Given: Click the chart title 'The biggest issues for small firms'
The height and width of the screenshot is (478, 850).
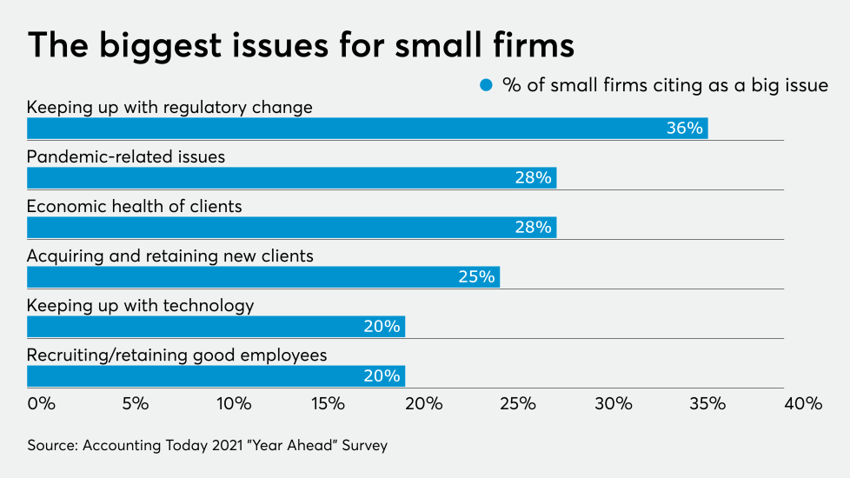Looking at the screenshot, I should point(301,44).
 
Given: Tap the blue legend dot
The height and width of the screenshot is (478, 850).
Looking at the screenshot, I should point(487,85).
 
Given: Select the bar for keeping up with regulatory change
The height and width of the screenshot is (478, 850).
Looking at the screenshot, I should point(367,128).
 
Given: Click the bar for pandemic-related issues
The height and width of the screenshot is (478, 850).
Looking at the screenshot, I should point(291,177).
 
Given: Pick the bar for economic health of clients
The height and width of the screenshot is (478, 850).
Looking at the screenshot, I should point(291,227).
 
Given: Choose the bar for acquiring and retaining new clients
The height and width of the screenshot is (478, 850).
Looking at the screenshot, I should point(262,276).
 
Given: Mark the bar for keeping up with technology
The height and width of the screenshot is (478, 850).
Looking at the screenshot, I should point(216,326).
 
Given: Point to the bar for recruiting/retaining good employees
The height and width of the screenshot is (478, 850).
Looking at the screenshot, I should point(216,375).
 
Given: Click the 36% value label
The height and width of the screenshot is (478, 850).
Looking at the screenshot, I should point(684,128).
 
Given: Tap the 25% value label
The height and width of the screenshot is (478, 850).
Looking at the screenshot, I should point(476,276).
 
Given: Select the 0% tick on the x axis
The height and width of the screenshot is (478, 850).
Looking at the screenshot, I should point(41,403).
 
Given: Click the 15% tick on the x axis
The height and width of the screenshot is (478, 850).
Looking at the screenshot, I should point(328,403).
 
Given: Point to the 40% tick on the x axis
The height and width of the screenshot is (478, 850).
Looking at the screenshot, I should point(802,403).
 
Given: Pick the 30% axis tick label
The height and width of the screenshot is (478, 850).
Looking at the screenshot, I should point(613,403).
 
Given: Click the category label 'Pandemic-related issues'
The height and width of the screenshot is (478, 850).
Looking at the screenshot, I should point(126,157).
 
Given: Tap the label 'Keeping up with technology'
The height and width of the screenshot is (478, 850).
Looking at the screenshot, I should point(141,306).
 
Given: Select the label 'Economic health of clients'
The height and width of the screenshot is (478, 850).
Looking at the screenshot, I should point(135,207).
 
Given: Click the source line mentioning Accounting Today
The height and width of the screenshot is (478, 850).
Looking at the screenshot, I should point(207,445).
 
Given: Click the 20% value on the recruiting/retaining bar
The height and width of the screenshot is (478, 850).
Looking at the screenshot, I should point(382,375).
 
